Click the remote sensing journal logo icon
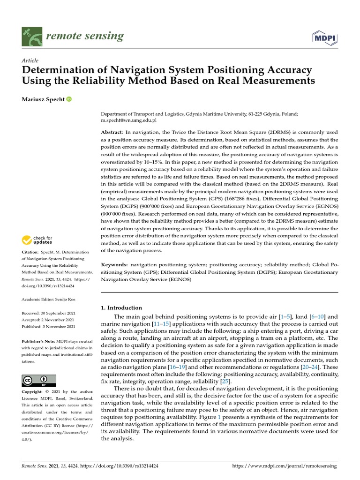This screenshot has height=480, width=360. coord(32,37)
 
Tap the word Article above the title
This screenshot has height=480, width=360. coord(30,60)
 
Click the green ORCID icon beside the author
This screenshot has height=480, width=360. coord(69,99)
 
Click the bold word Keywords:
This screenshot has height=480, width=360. coord(115,265)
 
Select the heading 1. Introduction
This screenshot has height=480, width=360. coord(121,307)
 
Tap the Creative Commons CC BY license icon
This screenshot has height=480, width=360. coord(38,380)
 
